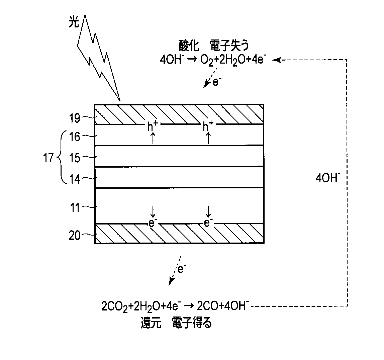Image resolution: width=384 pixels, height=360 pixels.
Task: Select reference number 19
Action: click(75, 118)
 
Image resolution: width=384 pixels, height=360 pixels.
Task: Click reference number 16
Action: click(75, 137)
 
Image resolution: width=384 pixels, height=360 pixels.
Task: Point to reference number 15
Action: click(75, 158)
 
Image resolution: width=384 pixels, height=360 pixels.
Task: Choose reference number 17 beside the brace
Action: click(48, 158)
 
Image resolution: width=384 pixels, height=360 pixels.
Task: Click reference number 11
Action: click(75, 208)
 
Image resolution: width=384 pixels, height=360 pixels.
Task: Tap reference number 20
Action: click(75, 236)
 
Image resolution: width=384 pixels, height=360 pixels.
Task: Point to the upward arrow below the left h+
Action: click(153, 138)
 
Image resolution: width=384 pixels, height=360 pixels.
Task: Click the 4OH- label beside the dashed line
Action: click(328, 177)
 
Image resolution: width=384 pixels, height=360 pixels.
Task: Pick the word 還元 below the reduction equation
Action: click(150, 324)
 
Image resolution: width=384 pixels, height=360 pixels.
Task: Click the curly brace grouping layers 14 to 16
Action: click(60, 158)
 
